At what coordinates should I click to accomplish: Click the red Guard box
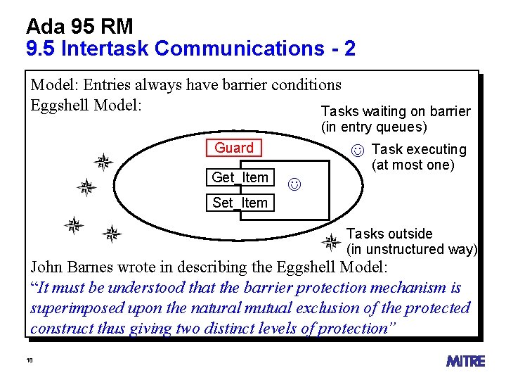[233, 148]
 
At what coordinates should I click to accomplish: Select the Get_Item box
[240, 177]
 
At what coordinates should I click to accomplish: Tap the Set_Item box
[240, 203]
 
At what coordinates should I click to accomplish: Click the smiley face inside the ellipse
[294, 185]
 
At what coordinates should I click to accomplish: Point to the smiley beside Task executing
[358, 150]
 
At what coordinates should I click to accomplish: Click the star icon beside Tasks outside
[330, 243]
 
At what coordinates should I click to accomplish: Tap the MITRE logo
[465, 361]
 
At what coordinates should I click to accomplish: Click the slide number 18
[30, 360]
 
